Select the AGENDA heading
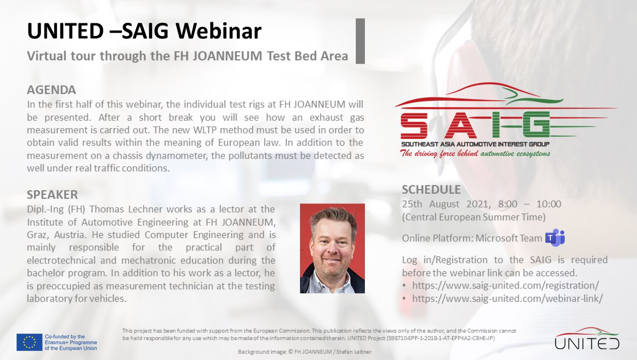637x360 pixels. [x=52, y=90]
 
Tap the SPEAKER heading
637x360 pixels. [x=52, y=195]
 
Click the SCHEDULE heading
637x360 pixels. [x=431, y=190]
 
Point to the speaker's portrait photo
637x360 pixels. [x=332, y=248]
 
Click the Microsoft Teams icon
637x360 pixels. [x=555, y=238]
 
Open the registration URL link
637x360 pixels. [x=506, y=285]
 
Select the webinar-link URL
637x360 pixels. [x=507, y=298]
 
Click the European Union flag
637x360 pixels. [x=29, y=342]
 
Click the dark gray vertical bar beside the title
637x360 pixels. [x=360, y=41]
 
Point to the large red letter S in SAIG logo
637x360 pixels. [x=414, y=125]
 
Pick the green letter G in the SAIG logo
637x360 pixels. [x=536, y=124]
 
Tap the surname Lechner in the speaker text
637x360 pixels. [x=146, y=209]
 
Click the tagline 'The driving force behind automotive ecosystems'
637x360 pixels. [x=475, y=153]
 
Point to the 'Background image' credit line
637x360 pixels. [x=305, y=352]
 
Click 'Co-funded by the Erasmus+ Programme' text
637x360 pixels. [x=71, y=339]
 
